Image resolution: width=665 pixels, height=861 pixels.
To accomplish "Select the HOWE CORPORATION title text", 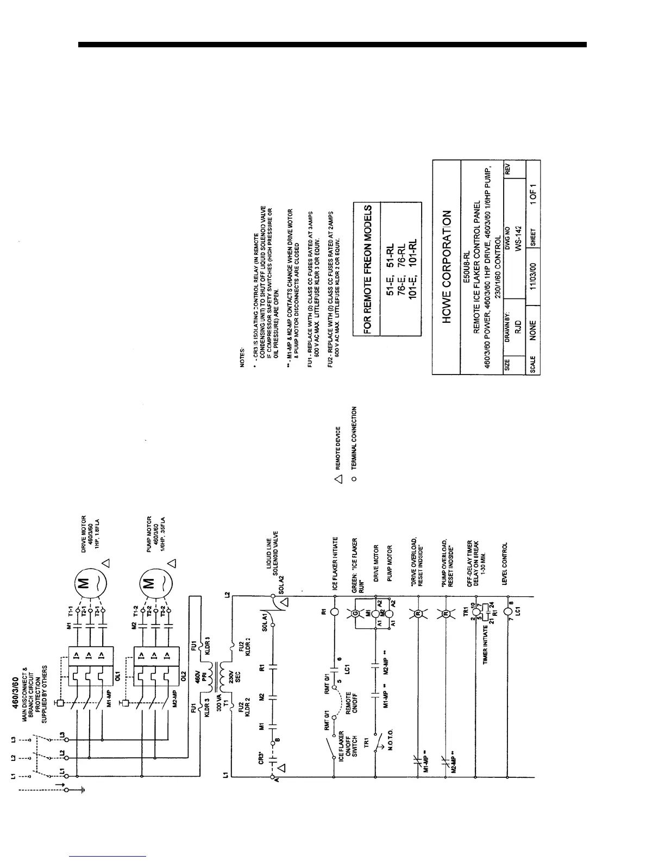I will click(447, 267).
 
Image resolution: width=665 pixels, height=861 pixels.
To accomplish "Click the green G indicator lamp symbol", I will click(356, 613).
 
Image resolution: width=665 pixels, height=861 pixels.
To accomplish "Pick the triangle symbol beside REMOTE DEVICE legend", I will click(337, 479).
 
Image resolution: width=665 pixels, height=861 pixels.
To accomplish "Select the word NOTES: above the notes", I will click(242, 360).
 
